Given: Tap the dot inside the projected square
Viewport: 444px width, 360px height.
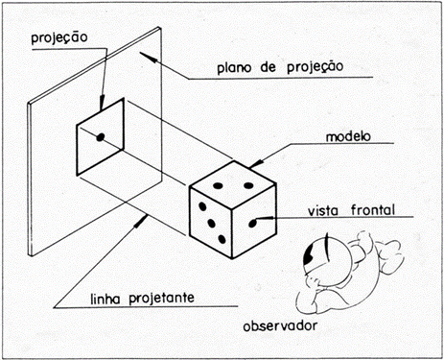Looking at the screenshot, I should pyautogui.click(x=99, y=139).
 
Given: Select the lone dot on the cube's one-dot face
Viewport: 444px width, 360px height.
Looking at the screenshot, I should pyautogui.click(x=253, y=223).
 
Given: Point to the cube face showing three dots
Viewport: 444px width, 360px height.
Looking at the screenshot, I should pyautogui.click(x=212, y=223).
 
